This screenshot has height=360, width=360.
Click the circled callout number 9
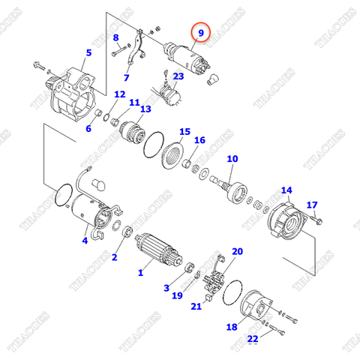click(199, 34)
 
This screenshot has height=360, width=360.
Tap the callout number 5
click(88, 52)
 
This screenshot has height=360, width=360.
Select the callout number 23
click(178, 76)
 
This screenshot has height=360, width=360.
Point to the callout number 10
click(232, 159)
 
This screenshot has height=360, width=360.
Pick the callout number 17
click(313, 205)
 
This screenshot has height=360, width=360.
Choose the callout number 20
click(237, 251)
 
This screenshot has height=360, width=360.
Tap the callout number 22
click(253, 340)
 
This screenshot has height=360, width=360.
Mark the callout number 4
click(85, 241)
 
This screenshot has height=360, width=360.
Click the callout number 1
click(139, 273)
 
